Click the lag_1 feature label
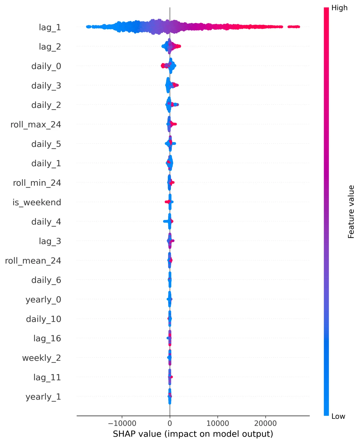pos(50,27)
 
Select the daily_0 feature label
pos(46,66)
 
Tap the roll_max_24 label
pos(36,124)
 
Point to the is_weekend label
pos(37,202)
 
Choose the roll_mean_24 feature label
pos(33,261)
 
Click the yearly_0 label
pos(43,299)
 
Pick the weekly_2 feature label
pos(42,358)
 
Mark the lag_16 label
pos(47,338)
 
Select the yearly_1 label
pos(43,397)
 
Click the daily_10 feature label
pos(44,319)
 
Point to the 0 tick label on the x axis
pos(170,423)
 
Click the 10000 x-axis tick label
pos(217,423)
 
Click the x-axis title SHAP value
pos(193,434)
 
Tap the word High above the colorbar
pos(339,8)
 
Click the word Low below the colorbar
pos(338,416)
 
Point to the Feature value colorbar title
pos(351,212)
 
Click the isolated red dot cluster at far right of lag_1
pos(294,27)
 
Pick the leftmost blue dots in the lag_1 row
pos(88,27)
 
